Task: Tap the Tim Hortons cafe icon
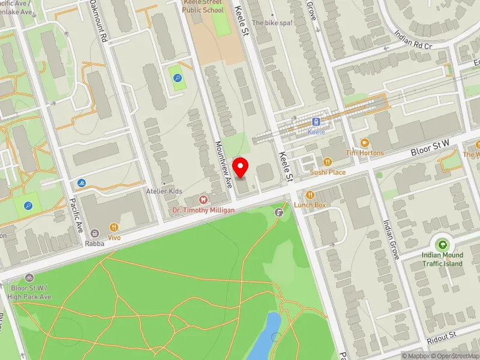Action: pos(364,142)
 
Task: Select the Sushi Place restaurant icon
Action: pos(328,161)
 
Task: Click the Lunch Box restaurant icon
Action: pos(310,194)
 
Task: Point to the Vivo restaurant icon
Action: pos(114,227)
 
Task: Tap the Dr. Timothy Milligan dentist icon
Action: pos(203,199)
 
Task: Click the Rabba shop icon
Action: pos(94,233)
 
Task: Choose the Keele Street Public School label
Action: pos(203,6)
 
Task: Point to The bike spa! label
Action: pos(272,23)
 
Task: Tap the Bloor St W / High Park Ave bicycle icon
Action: pos(30,278)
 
